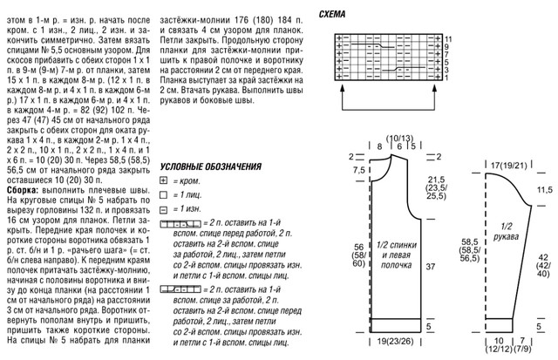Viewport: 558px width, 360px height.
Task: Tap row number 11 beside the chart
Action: coord(448,39)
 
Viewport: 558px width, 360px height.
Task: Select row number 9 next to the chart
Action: coord(448,47)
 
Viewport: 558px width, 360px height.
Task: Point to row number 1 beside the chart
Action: coord(448,78)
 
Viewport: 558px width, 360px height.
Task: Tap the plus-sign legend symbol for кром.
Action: coord(165,180)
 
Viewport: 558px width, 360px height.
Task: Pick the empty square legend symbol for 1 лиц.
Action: coord(165,195)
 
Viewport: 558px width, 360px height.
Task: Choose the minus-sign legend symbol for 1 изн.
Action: coord(165,210)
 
